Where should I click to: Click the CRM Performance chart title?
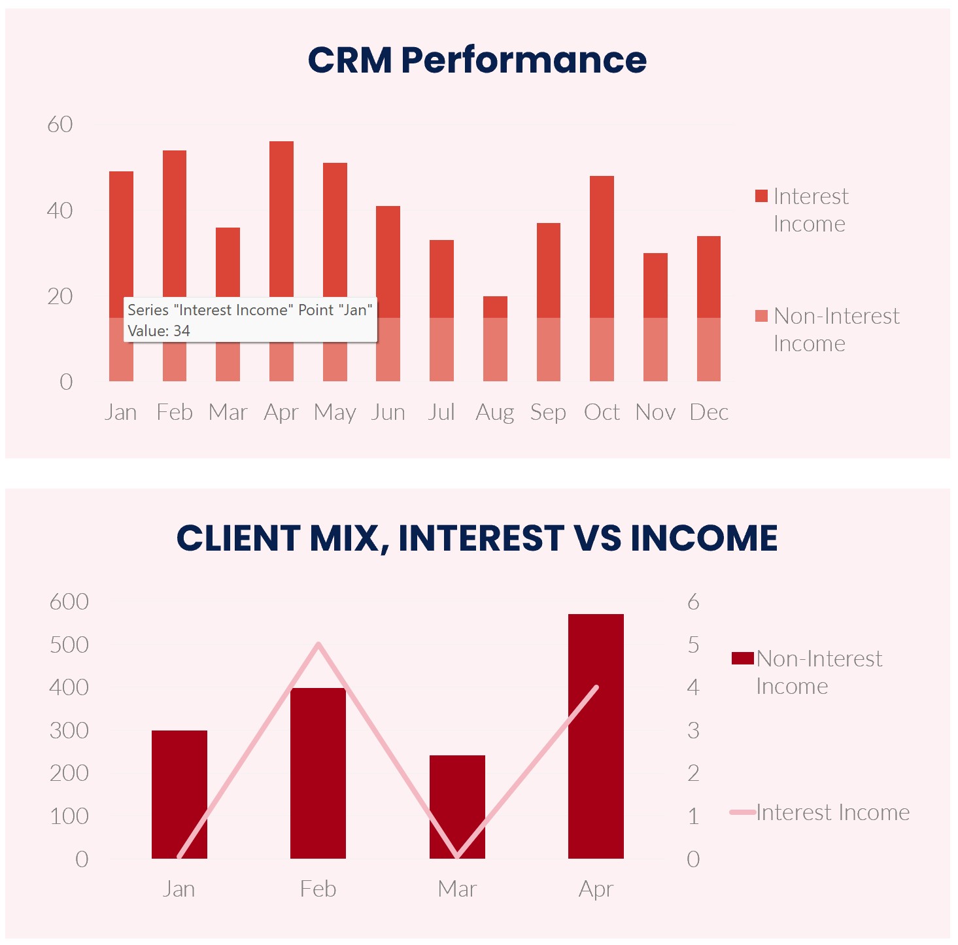click(477, 60)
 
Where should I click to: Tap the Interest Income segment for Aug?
click(495, 307)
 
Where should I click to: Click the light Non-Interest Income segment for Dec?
click(708, 349)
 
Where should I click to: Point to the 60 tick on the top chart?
click(60, 124)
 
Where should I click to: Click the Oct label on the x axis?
click(602, 412)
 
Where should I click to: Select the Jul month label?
click(441, 412)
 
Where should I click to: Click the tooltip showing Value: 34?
click(250, 320)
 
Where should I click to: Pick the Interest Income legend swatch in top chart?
click(761, 196)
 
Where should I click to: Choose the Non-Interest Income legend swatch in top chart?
click(761, 316)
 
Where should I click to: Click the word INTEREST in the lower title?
click(481, 538)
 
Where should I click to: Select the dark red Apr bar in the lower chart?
click(596, 736)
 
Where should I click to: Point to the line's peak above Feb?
click(318, 644)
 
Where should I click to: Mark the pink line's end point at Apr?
click(596, 687)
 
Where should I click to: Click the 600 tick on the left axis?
click(69, 602)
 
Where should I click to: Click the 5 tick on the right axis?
click(693, 645)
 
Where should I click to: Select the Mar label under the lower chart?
click(457, 889)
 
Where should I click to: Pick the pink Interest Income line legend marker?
click(742, 812)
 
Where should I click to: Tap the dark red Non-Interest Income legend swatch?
click(742, 658)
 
